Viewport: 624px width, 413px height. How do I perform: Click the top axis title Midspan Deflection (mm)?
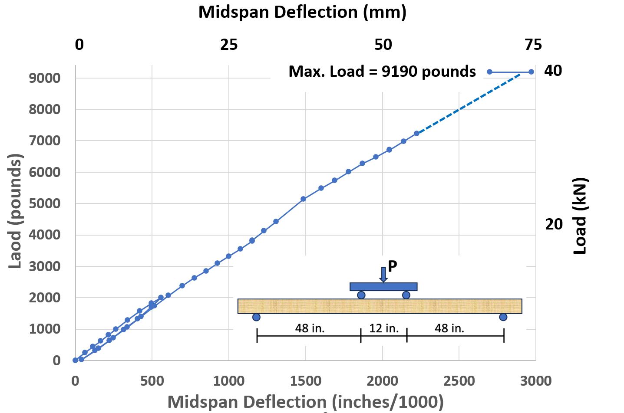click(x=302, y=12)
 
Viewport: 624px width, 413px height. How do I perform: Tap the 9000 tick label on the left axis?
click(x=44, y=78)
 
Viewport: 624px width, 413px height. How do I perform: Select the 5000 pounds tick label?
click(x=44, y=203)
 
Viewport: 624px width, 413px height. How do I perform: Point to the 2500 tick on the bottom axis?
click(x=459, y=381)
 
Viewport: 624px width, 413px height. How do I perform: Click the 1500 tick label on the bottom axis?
click(x=305, y=381)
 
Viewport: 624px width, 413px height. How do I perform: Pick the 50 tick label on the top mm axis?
click(x=383, y=45)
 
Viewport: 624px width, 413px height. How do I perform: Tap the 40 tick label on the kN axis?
click(x=553, y=71)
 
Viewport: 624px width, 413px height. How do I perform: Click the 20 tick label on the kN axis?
click(x=554, y=224)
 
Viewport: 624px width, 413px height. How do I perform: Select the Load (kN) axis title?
click(x=580, y=216)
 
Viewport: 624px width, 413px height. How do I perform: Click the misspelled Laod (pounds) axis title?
click(x=15, y=211)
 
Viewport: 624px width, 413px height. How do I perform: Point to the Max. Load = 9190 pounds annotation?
click(x=382, y=72)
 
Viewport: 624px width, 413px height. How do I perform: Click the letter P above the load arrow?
click(x=393, y=266)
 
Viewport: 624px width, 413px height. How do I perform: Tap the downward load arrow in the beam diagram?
click(x=383, y=274)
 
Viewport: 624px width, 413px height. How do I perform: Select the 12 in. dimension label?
click(x=384, y=328)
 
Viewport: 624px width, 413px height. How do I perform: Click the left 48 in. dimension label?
click(x=310, y=328)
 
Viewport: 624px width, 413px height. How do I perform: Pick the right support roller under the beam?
click(x=503, y=317)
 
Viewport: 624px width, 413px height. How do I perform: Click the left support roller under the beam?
click(x=256, y=317)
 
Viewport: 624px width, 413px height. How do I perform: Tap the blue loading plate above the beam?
click(x=383, y=287)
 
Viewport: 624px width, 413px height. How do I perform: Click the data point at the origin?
click(x=76, y=360)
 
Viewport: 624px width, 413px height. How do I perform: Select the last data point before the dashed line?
click(x=416, y=134)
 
